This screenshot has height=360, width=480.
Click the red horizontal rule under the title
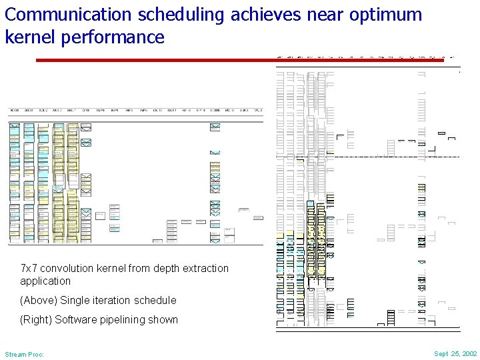[240, 60]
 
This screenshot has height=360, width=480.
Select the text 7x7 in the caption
[30, 269]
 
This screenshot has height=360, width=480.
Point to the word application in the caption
[45, 281]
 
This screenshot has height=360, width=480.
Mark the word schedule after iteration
[155, 301]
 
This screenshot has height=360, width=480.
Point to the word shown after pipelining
[165, 320]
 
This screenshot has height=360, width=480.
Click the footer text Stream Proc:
[24, 354]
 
